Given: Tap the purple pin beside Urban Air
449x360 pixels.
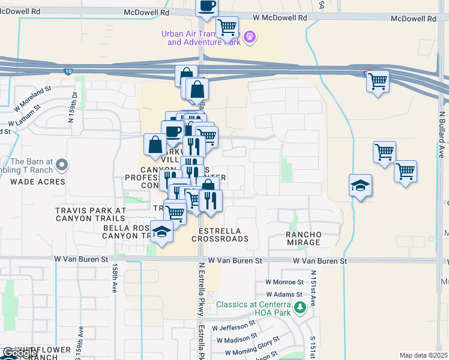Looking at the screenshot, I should coord(250,38).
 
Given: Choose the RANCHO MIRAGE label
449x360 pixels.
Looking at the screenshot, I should coord(303,238).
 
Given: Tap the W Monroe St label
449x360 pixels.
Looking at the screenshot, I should coord(285,282).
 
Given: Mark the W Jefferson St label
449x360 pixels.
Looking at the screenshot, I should coord(234,328).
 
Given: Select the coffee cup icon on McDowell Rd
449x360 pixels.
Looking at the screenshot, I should coord(207,6).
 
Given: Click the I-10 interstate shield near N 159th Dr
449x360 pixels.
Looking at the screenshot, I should coord(68,71).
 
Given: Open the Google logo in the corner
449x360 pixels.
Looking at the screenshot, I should coord(20,352).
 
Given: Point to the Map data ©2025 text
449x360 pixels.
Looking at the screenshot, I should coord(423,355).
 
